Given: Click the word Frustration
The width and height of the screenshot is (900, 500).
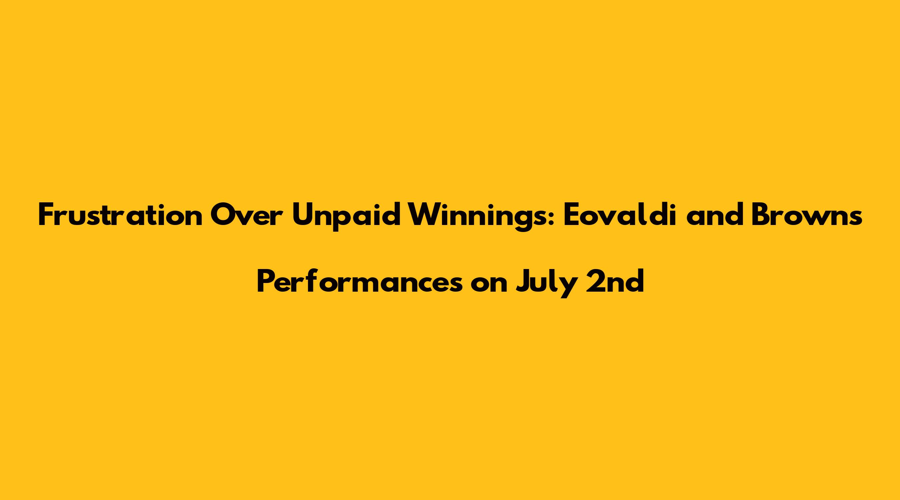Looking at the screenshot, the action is coord(120,216).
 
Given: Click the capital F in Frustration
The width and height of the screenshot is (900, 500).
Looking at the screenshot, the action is coord(46,216).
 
